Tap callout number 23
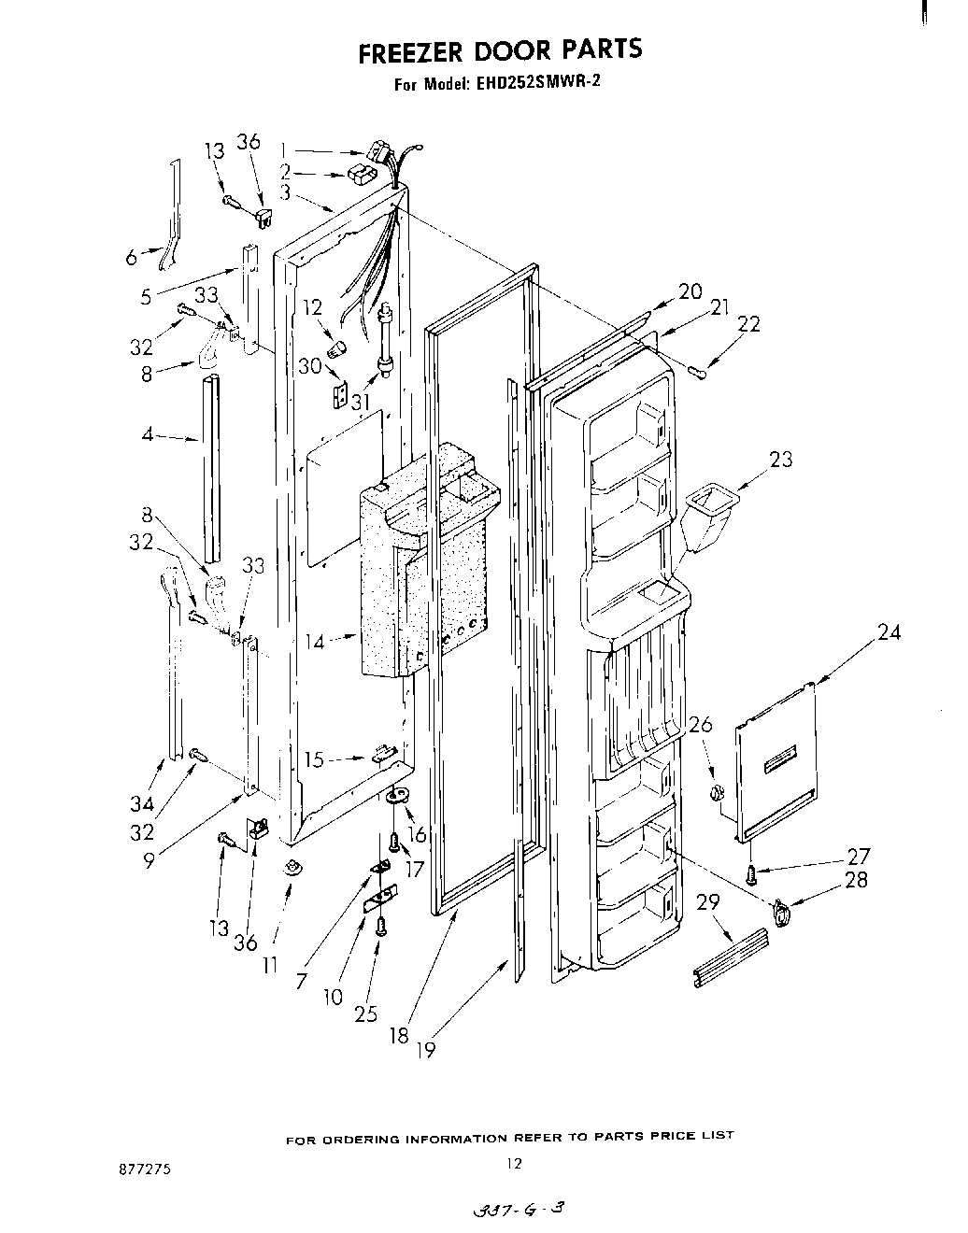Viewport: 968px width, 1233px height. (780, 459)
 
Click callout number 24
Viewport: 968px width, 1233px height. (889, 632)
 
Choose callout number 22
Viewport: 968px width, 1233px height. (748, 324)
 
